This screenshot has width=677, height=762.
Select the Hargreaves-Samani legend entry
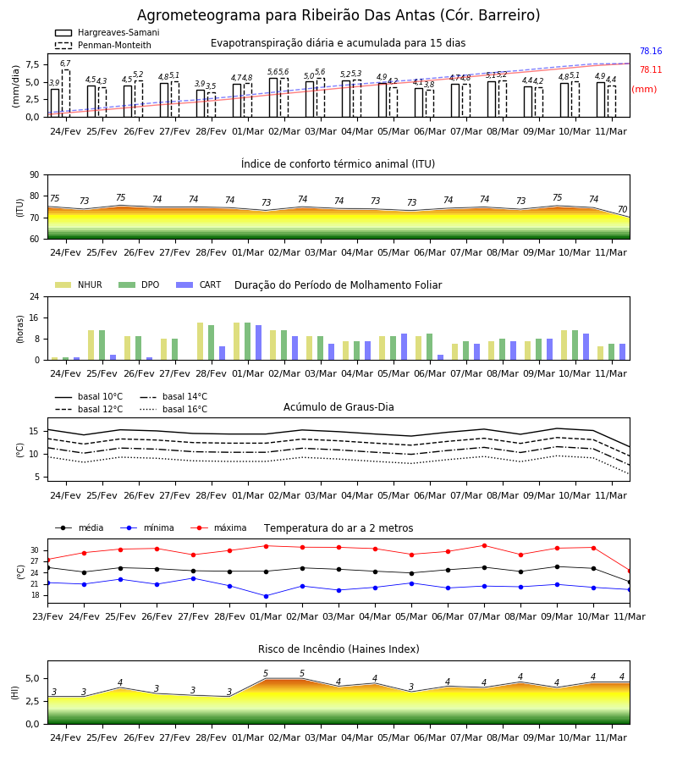coord(107,32)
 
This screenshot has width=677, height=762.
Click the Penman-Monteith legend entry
coord(103,45)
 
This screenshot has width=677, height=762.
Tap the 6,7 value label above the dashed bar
coord(65,63)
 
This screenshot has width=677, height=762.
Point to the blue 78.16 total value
coord(651,51)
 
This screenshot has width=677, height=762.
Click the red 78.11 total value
coord(651,69)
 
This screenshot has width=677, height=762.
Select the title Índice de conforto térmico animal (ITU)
coord(338,163)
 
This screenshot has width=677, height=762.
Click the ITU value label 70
coord(623,209)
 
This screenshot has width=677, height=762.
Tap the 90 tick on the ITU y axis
coord(35,175)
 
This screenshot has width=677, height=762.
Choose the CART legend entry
coord(199,284)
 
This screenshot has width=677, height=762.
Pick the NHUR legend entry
coord(79,284)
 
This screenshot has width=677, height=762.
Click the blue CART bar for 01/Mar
coord(258,343)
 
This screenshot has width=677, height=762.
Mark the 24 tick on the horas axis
coord(35,296)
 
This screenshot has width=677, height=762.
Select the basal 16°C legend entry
coord(173,409)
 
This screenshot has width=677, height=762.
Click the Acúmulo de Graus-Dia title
coord(338,406)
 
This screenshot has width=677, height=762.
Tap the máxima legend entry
coord(218,527)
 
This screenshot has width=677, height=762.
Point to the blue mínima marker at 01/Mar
coord(266,596)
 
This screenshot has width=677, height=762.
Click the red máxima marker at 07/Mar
coord(484,546)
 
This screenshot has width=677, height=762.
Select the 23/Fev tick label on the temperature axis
coord(47,616)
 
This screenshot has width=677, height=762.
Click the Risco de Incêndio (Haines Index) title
coord(338,649)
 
